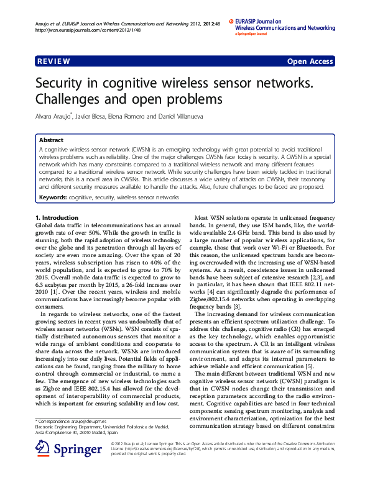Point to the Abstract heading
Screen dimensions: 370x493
click(51, 141)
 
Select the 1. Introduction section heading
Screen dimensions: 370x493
click(57, 218)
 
